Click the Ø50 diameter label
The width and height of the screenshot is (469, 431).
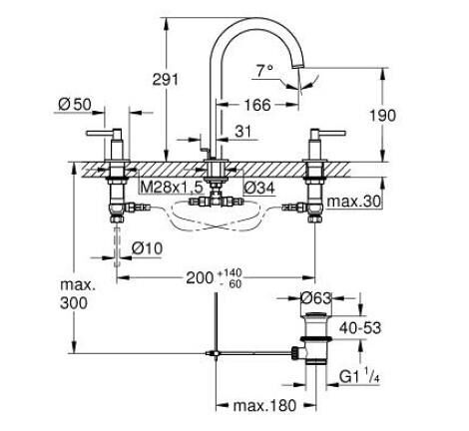coord(76,104)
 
